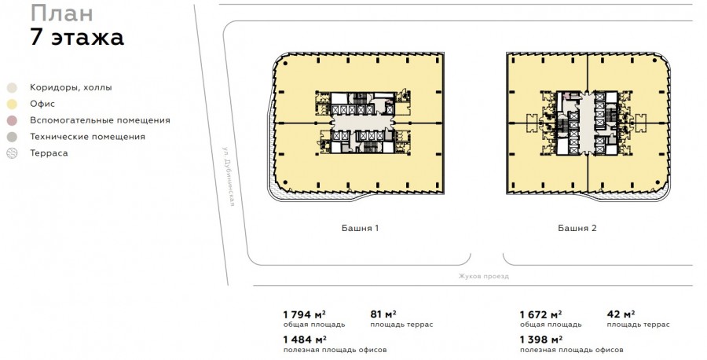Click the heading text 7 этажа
coord(77,37)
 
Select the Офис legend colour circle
coord(12,105)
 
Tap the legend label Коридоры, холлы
coord(71,87)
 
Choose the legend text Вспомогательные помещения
coord(100,120)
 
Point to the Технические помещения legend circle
coord(12,137)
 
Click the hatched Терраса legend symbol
coord(12,153)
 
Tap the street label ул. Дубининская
coord(229,176)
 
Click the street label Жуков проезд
coord(483,276)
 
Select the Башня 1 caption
coord(360,228)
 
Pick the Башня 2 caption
coord(577,228)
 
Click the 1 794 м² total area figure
coord(304,314)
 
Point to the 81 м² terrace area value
coord(383,314)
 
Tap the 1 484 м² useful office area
coord(305,340)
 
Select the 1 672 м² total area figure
coord(540,314)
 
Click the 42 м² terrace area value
coord(621,314)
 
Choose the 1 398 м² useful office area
coord(541,340)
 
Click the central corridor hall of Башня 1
coord(364,123)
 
